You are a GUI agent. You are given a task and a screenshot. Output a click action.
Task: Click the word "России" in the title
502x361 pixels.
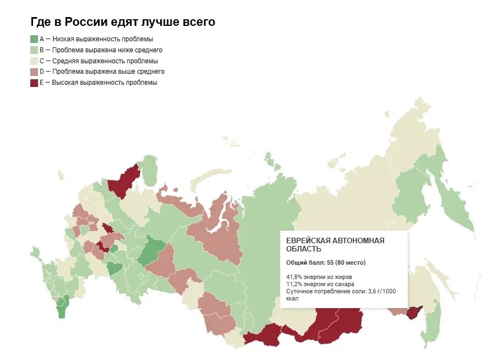point(84,22)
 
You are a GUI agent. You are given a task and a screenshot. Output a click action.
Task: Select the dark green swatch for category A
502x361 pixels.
point(34,39)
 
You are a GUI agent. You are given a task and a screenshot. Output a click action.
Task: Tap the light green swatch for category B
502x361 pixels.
point(34,50)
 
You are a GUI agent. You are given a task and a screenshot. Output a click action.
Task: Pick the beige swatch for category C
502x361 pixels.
point(34,61)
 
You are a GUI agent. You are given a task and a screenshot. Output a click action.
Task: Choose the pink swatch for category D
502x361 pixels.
point(34,72)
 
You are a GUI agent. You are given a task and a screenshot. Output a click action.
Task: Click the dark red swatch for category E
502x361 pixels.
point(34,83)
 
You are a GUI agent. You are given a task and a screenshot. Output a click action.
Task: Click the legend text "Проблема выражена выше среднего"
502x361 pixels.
point(108,72)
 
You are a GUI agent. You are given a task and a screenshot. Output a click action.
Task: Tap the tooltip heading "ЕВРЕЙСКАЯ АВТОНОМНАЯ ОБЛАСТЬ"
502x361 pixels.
point(335,245)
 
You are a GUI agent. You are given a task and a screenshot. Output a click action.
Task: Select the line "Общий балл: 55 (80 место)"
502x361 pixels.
point(326,262)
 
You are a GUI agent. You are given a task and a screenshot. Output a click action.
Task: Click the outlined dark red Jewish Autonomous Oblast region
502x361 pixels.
point(414,313)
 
